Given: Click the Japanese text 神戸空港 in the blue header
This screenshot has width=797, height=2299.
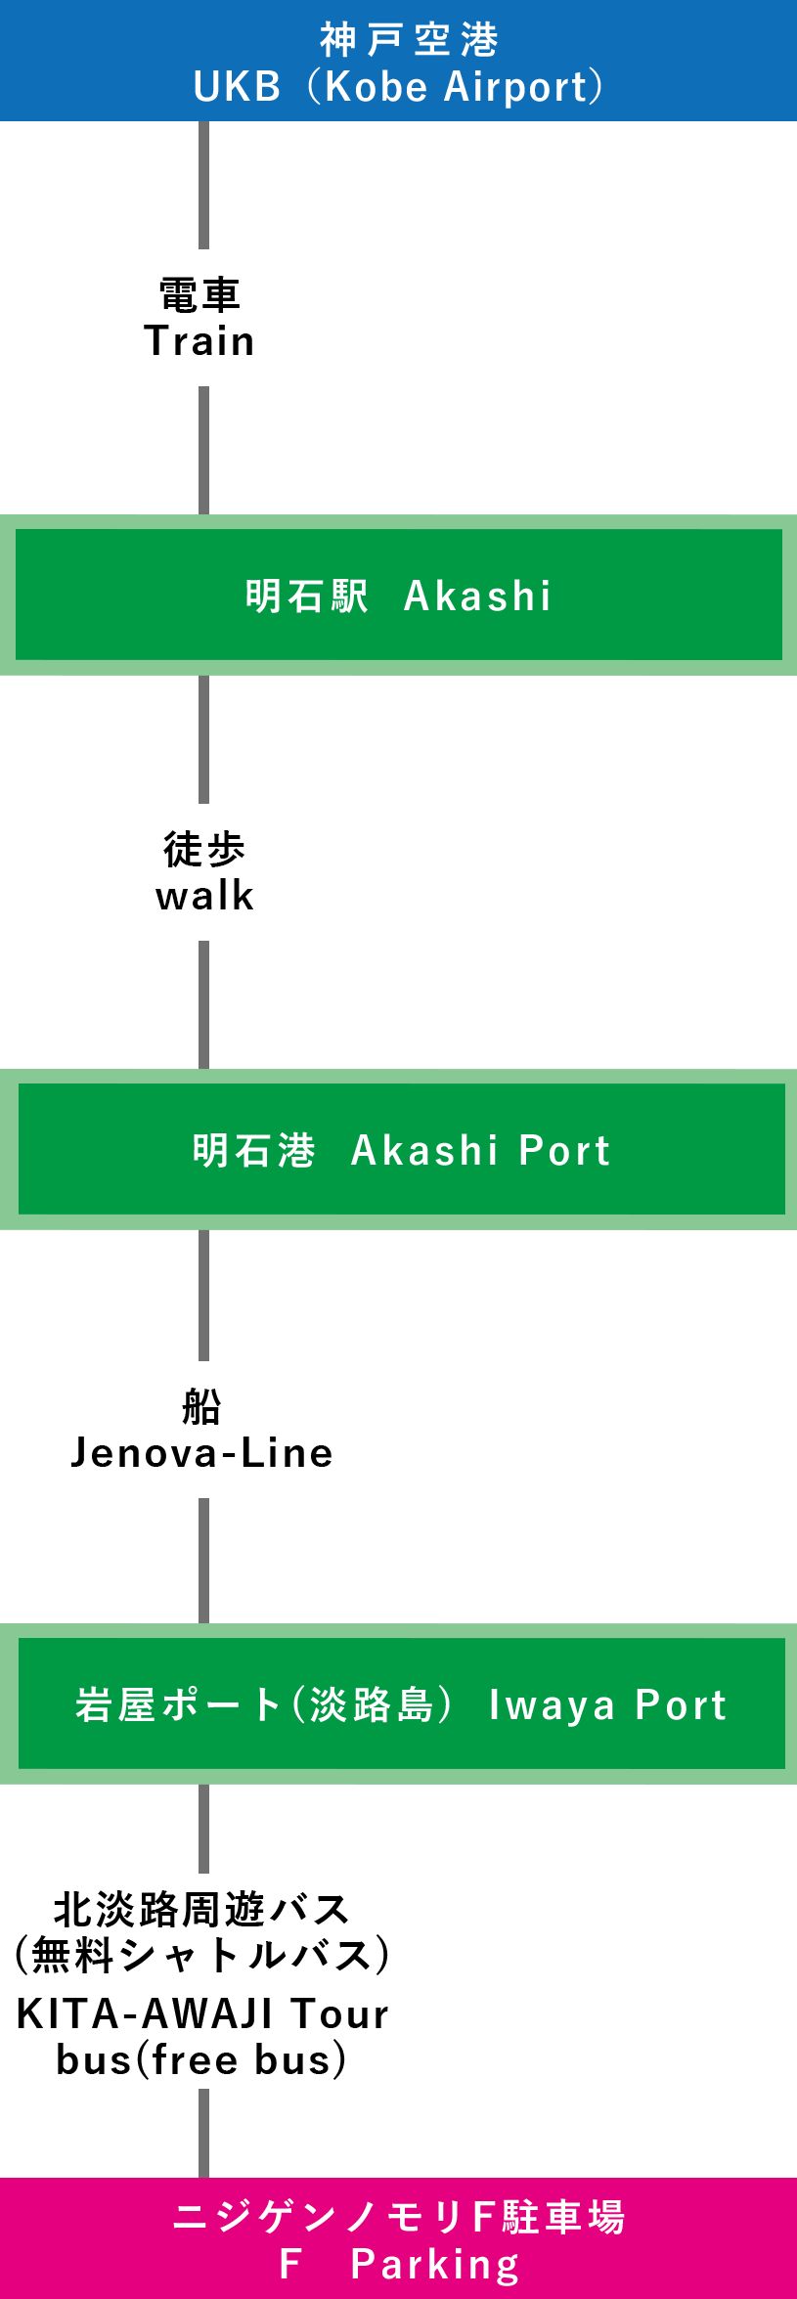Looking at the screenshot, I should coord(409,40).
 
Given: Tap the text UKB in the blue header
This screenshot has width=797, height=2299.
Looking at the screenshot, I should coord(238,87).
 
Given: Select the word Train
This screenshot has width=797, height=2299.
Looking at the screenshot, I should coord(199,341).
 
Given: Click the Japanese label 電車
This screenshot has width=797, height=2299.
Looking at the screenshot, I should coord(199,294).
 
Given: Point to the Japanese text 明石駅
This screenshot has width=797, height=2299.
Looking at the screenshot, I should coord(306,596).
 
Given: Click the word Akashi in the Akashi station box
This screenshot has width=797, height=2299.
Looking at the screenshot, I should coord(478,596).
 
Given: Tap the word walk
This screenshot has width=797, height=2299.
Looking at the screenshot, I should coord(204,896).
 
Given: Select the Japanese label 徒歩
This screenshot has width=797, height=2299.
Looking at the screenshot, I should coord(204,849).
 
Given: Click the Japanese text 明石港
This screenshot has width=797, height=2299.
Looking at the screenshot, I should coord(253,1150).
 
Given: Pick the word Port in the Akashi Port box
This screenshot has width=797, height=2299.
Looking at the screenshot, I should coord(564,1150).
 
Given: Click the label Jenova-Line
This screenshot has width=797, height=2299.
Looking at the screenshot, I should coord(201,1453).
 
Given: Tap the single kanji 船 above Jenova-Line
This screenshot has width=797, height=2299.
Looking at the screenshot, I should coord(201,1406).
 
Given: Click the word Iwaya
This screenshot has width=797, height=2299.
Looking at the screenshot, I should coord(552,1704).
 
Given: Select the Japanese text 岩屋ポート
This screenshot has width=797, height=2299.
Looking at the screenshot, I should coord(177,1704).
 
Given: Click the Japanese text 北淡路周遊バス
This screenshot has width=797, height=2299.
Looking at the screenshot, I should coord(201,1908).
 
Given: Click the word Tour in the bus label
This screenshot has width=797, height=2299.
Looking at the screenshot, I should coord(340,2013).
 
